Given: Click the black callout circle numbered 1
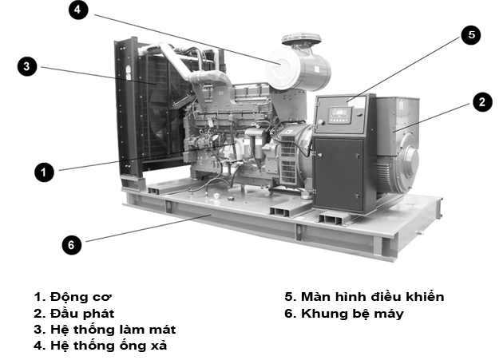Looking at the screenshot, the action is click(44, 172).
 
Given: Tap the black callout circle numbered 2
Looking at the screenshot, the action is click(482, 102).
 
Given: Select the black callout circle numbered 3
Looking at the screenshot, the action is click(27, 66).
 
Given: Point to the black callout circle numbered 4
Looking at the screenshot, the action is click(78, 10).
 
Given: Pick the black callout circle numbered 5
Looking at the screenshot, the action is click(471, 35).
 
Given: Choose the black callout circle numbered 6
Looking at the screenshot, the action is click(72, 245).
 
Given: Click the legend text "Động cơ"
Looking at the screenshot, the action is click(81, 297).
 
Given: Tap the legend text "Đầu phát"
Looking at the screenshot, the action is click(82, 313).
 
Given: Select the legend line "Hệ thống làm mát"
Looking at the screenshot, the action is click(105, 330).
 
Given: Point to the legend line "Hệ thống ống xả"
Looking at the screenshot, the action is click(101, 346).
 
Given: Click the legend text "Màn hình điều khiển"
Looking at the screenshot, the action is click(372, 296).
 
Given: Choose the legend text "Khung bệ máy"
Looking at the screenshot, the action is click(352, 314).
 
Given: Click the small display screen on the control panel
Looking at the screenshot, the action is click(339, 112).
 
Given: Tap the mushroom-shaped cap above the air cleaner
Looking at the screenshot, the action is click(301, 38).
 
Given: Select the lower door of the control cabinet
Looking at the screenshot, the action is click(339, 173).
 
